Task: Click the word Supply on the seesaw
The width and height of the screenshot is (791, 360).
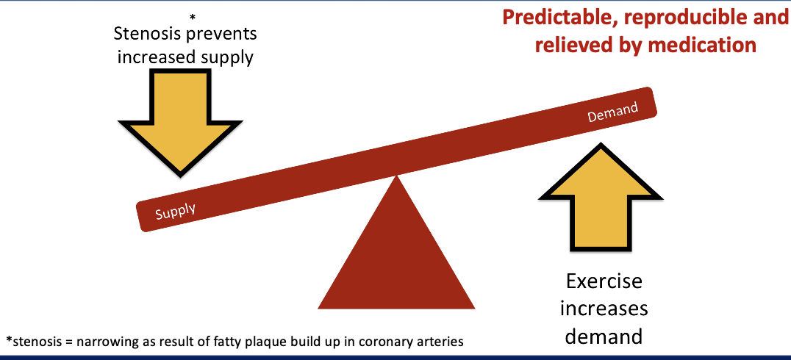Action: (x=176, y=210)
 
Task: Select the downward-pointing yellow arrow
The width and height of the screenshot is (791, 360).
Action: (x=181, y=118)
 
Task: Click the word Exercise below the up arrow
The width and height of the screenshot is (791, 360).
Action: (x=604, y=281)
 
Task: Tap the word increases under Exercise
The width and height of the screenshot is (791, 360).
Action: (x=604, y=309)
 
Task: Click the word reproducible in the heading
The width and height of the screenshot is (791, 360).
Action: (x=687, y=18)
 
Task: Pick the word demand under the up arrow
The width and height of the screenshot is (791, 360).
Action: (x=604, y=336)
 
